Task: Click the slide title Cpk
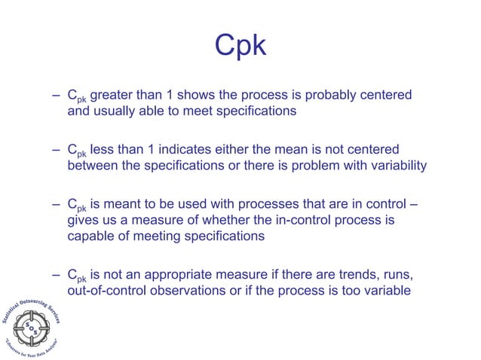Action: (240, 46)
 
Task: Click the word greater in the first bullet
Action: (115, 96)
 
